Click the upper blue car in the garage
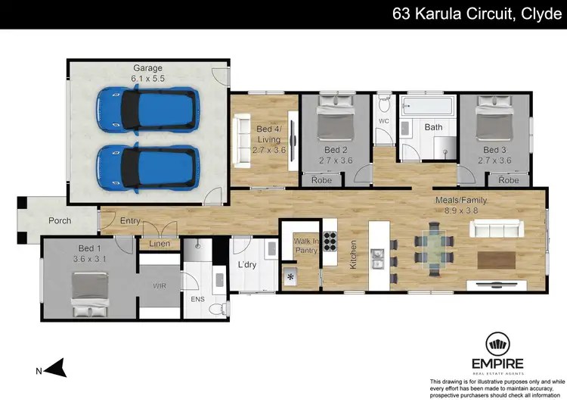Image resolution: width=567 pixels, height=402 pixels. coord(147,109)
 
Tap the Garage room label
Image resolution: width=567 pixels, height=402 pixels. coord(147,68)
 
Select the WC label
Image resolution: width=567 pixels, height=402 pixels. coord(384,120)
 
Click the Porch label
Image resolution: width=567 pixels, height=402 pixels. coord(60,221)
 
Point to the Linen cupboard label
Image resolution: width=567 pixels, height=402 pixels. coord(160,243)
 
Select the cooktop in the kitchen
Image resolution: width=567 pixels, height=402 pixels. coord(330,242)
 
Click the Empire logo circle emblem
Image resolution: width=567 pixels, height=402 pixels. coord(497,345)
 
